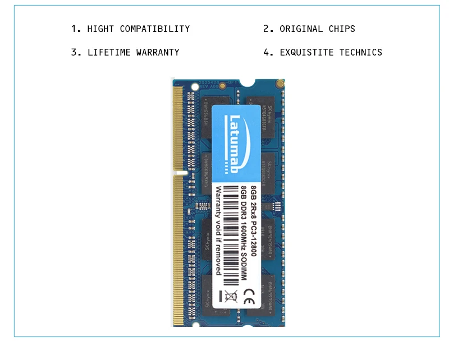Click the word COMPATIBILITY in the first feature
[155, 29]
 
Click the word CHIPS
[342, 29]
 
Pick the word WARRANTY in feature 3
[158, 53]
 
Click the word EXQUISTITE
[307, 53]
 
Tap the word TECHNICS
[361, 53]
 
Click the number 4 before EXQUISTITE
[267, 53]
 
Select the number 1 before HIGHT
[74, 29]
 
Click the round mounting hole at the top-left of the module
[195, 86]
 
